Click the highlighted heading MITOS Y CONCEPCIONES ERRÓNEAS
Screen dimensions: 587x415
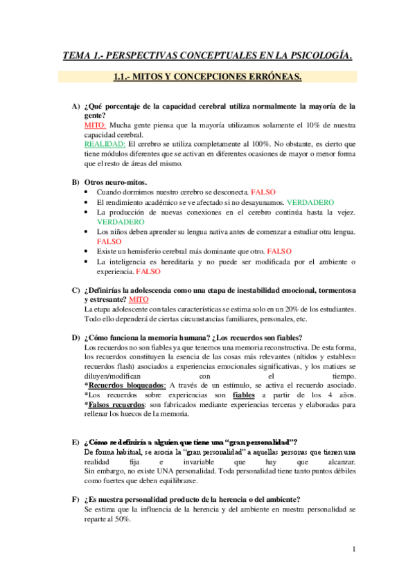coord(207,77)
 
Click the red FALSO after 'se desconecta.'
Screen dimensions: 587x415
coord(264,190)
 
